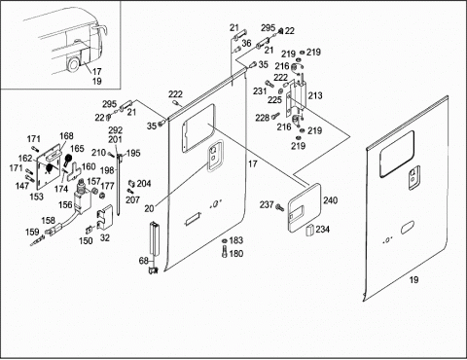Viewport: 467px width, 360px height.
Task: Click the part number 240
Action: click(x=330, y=200)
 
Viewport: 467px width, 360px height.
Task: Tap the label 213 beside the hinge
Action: click(x=315, y=95)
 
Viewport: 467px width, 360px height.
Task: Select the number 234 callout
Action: click(x=323, y=230)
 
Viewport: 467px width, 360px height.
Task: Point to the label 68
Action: click(x=144, y=261)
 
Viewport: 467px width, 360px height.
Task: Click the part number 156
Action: click(x=65, y=204)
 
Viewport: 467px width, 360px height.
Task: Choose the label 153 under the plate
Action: click(x=36, y=197)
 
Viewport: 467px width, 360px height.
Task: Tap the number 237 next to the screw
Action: click(x=267, y=204)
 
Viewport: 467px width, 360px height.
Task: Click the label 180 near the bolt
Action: click(x=236, y=253)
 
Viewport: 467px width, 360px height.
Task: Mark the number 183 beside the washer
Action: click(x=236, y=240)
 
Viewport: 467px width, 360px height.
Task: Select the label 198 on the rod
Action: click(x=107, y=170)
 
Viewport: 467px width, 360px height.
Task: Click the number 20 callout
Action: click(x=149, y=208)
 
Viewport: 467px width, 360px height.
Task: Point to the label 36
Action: click(x=246, y=43)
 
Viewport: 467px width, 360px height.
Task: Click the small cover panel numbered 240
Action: click(x=305, y=208)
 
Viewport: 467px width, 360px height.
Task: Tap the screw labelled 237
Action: click(x=278, y=206)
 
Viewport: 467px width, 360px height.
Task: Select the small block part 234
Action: click(x=310, y=229)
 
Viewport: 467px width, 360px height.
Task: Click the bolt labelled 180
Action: click(x=225, y=252)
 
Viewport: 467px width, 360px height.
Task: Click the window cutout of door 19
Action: click(x=397, y=154)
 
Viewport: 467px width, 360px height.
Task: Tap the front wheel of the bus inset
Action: click(x=73, y=64)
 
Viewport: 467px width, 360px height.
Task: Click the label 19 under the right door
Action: click(x=413, y=279)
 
